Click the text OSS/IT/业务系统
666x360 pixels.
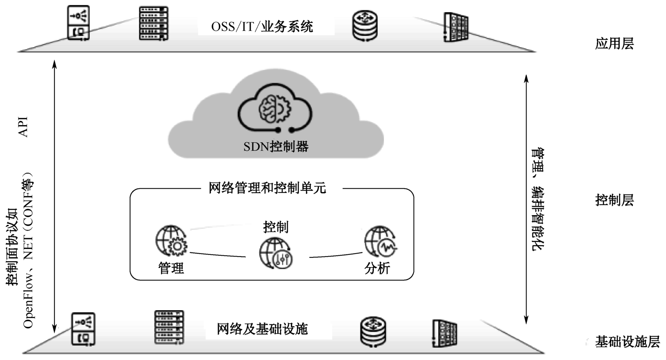[262, 26]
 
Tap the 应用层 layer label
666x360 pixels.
[614, 44]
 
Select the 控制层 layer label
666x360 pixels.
[614, 200]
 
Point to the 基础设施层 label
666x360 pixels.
[627, 342]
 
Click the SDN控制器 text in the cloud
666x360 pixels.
[276, 147]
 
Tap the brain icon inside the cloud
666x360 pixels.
[275, 108]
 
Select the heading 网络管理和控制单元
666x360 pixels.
[267, 188]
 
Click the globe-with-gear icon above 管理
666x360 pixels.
[171, 241]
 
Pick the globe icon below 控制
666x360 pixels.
[276, 252]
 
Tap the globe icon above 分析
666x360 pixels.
[380, 242]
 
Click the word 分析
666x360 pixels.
[377, 268]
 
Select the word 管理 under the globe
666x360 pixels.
[171, 268]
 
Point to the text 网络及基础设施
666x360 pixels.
[262, 329]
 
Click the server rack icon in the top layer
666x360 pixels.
[153, 23]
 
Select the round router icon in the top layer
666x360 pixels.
[365, 25]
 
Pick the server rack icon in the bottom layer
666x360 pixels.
[169, 327]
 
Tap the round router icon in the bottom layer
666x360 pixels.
[373, 332]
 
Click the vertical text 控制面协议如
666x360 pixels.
[12, 247]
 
